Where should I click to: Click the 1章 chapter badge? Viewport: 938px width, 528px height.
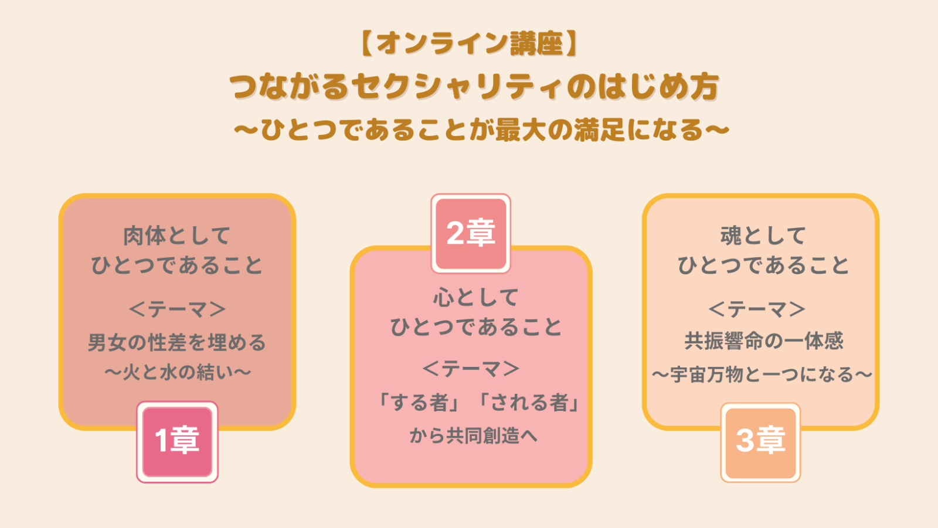(x=177, y=442)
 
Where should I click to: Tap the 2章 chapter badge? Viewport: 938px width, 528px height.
(x=471, y=234)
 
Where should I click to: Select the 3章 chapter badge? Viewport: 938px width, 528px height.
(x=760, y=442)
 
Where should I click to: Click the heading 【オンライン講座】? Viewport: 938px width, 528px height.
(x=470, y=43)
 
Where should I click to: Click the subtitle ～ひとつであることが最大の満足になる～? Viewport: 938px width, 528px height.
(x=481, y=130)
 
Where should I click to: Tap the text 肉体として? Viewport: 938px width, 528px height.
(x=176, y=236)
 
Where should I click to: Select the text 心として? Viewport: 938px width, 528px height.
(x=475, y=297)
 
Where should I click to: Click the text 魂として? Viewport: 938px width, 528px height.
(x=763, y=236)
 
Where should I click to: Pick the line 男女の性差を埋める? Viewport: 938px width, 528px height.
(x=176, y=342)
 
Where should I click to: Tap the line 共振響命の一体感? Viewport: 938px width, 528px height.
(x=764, y=341)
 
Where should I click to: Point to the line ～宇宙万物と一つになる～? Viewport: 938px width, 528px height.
(x=762, y=374)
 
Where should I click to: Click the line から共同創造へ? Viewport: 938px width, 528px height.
(x=473, y=435)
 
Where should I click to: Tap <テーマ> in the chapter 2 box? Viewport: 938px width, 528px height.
(x=471, y=369)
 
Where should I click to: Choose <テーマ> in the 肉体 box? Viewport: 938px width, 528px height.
(x=177, y=309)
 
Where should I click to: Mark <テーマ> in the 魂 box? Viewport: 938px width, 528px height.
(x=757, y=309)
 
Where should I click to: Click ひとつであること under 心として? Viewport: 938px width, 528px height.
(x=475, y=327)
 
